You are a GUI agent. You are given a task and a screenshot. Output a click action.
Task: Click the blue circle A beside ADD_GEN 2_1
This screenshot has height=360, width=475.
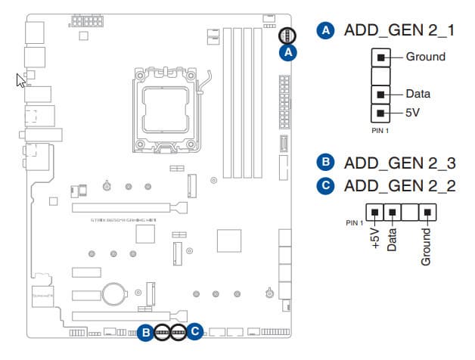click(x=325, y=31)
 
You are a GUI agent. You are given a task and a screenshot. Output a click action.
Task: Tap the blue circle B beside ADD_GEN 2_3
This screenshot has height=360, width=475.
click(x=325, y=163)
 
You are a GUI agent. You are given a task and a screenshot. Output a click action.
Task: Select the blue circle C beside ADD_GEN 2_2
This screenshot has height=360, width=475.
click(x=325, y=186)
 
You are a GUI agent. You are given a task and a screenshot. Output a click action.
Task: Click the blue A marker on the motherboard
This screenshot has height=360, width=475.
click(x=287, y=52)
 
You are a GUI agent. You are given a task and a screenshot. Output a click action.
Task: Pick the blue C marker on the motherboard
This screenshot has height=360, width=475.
click(x=196, y=331)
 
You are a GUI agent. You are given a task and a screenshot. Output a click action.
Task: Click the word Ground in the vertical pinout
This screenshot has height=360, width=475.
click(x=425, y=57)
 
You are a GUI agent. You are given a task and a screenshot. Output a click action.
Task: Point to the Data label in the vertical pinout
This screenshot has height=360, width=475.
click(x=418, y=95)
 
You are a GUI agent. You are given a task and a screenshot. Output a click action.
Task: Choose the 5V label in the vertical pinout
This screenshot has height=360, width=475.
click(x=414, y=113)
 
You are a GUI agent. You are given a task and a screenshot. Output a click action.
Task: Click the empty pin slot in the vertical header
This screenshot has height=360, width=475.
click(x=381, y=76)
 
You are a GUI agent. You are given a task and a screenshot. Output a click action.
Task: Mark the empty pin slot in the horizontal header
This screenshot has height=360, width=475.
click(x=411, y=213)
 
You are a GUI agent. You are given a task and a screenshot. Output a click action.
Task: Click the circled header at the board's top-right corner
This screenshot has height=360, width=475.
click(x=287, y=35)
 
